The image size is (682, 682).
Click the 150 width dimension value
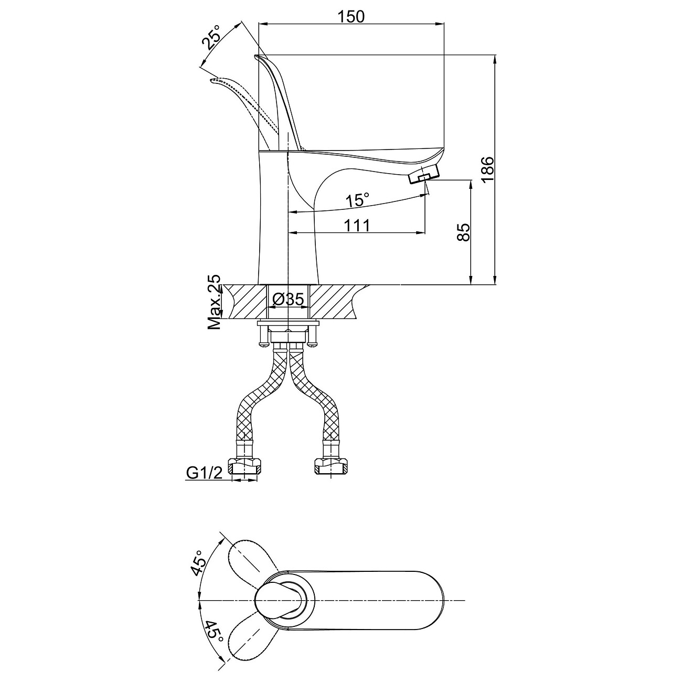point(351,16)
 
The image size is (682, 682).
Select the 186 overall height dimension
point(487,169)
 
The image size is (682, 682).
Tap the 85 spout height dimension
point(463,231)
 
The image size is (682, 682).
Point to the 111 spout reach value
point(357,225)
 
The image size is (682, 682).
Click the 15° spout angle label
point(357,200)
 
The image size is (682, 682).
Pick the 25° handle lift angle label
point(212,38)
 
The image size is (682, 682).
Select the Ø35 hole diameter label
point(288,300)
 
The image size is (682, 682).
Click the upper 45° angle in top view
point(199,564)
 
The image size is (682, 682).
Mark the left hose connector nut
point(245,466)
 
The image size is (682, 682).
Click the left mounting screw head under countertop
point(264,344)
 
